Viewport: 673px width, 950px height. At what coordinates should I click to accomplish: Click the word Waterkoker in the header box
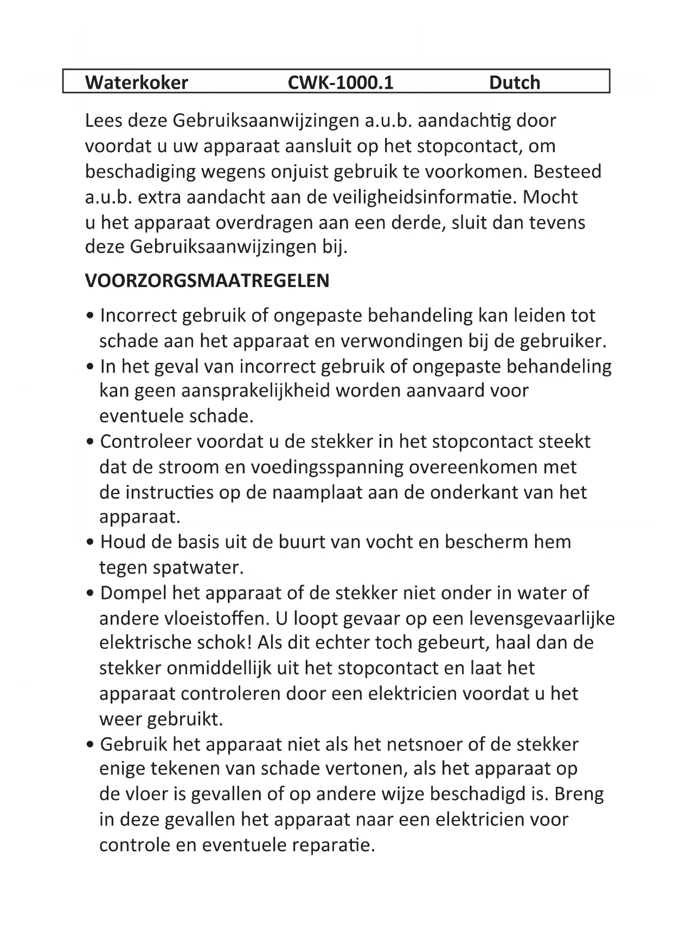point(137,82)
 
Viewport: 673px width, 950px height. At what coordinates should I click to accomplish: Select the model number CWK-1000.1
point(340,82)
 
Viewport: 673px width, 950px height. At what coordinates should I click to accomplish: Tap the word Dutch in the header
point(514,82)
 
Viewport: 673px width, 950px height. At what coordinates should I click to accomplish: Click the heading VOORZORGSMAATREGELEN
point(207,281)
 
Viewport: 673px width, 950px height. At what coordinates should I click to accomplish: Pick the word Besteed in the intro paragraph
point(567,171)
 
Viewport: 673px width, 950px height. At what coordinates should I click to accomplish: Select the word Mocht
point(550,197)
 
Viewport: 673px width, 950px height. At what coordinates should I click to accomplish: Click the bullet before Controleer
point(91,442)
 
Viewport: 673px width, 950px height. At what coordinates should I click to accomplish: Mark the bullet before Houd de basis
point(91,542)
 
